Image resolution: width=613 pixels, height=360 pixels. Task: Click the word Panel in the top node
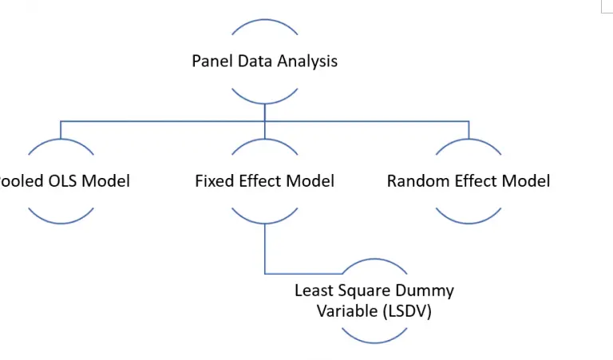210,61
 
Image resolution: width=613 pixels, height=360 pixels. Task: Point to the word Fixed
214,181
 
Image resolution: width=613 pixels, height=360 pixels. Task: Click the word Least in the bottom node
314,291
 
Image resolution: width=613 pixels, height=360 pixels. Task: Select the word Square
362,291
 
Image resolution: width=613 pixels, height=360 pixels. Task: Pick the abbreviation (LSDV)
405,311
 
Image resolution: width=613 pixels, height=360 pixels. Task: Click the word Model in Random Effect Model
524,181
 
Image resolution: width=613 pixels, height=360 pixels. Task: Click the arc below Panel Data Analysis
265,101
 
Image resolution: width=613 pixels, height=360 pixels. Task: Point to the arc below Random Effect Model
469,221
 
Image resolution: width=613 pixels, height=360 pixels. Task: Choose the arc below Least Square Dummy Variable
374,341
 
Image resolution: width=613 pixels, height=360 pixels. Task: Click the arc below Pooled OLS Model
61,221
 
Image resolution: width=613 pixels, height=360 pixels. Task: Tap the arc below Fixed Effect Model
265,221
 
